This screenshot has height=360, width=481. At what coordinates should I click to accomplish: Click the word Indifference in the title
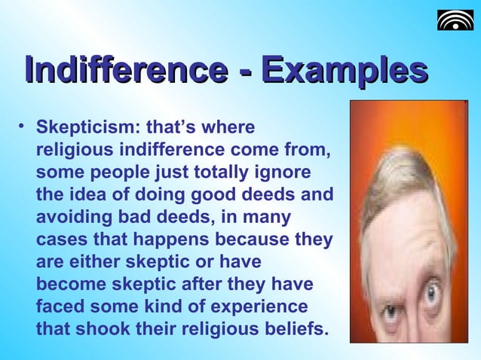[x=125, y=72]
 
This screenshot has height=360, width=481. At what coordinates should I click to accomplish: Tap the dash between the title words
[x=243, y=74]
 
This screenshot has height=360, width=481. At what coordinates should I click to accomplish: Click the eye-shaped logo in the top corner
[x=455, y=20]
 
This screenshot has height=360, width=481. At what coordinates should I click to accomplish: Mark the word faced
[x=60, y=308]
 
